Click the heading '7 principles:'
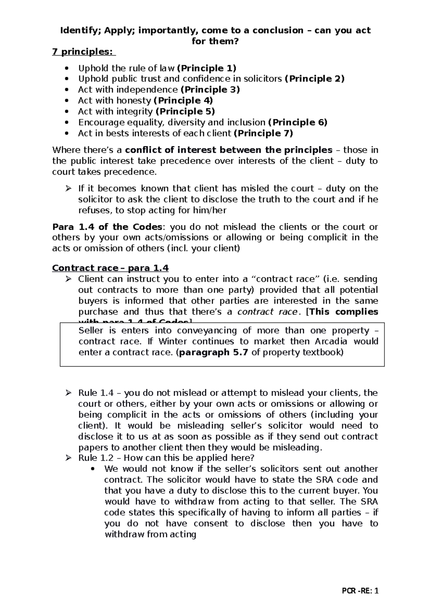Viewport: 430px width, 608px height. pyautogui.click(x=84, y=52)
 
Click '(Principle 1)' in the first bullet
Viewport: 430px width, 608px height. pyautogui.click(x=207, y=68)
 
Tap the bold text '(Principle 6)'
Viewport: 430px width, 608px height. pyautogui.click(x=297, y=122)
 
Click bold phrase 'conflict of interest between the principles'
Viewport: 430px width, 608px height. pyautogui.click(x=229, y=150)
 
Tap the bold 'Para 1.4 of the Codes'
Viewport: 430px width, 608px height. pyautogui.click(x=107, y=227)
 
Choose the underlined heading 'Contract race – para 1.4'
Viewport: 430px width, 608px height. pyautogui.click(x=110, y=268)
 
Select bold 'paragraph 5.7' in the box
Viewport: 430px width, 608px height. pyautogui.click(x=213, y=352)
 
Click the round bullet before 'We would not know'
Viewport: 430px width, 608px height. pyautogui.click(x=94, y=469)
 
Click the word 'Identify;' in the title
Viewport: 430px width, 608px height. pyautogui.click(x=80, y=30)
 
